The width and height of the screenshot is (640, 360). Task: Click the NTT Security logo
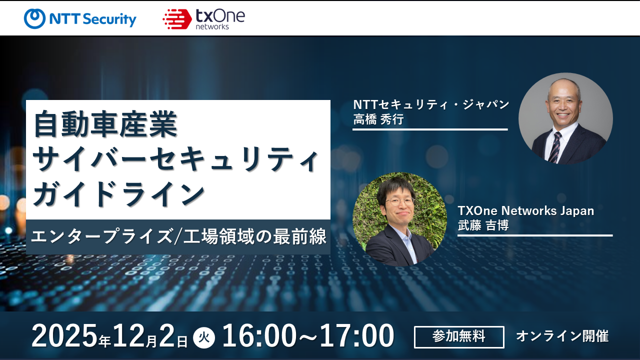click(x=80, y=19)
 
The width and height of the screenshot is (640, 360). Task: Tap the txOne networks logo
click(x=203, y=19)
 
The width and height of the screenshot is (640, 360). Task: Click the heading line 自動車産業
click(x=105, y=125)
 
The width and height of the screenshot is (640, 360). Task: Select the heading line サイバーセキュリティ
click(x=175, y=160)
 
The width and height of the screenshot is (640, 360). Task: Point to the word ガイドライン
click(x=119, y=194)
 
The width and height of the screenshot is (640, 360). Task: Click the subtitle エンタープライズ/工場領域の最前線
click(x=178, y=236)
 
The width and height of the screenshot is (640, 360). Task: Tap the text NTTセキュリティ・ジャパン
click(x=431, y=104)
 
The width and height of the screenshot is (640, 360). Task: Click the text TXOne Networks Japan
click(x=526, y=210)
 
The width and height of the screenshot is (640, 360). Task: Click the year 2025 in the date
click(x=64, y=336)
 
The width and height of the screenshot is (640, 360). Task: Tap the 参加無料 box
click(x=459, y=337)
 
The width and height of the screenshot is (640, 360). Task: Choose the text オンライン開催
click(x=562, y=336)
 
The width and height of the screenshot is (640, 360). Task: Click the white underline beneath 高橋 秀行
click(x=430, y=129)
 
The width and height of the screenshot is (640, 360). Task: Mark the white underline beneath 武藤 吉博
click(x=535, y=235)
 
